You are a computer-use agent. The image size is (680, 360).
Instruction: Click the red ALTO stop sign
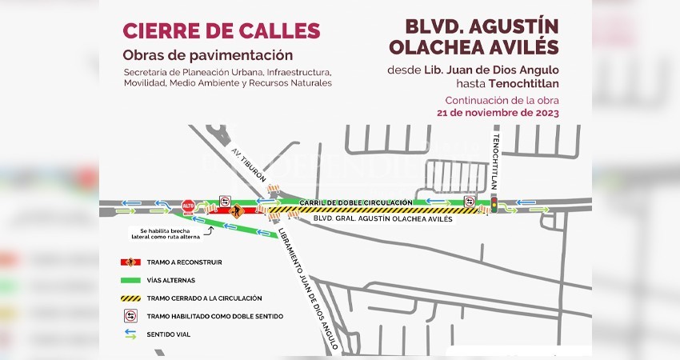[x=189, y=206]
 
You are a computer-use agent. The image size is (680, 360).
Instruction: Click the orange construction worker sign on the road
[x=236, y=211]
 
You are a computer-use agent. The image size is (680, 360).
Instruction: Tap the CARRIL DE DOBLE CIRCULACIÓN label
[x=359, y=202]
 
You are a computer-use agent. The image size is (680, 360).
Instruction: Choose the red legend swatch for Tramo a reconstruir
[x=130, y=262]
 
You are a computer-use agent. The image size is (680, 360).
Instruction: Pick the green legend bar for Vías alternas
[x=130, y=280]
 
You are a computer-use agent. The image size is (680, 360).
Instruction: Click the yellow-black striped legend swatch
[x=130, y=298]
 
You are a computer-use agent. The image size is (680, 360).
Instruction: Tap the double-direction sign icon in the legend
[x=130, y=316]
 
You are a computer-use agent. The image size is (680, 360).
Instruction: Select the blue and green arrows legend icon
[x=130, y=334]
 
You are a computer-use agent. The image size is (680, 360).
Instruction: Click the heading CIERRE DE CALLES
[x=221, y=31]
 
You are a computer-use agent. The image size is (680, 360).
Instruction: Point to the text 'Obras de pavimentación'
[x=207, y=55]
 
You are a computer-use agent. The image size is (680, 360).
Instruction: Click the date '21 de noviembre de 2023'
[x=498, y=113]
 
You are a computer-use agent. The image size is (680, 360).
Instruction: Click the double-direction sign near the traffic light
[x=470, y=201]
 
